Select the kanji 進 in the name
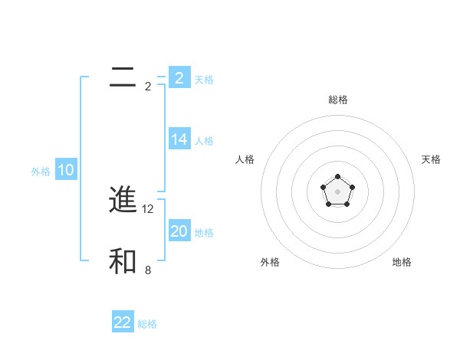tap(123, 200)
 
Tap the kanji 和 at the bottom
tap(123, 261)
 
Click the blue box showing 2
tap(179, 77)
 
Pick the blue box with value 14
tap(179, 139)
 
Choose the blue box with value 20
tap(179, 231)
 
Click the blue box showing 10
tap(66, 170)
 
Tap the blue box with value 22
tap(123, 322)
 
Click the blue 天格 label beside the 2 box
tap(204, 79)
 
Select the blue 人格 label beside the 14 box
tap(204, 141)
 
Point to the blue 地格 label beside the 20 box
tap(204, 233)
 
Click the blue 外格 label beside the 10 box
tap(41, 172)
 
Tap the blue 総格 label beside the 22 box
tap(147, 324)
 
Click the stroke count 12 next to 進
tap(149, 208)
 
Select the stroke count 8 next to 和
tap(148, 270)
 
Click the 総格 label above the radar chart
tap(337, 100)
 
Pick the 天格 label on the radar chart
tap(431, 159)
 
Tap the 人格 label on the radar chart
tap(245, 159)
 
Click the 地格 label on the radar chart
tap(402, 263)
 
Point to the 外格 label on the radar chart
tap(270, 263)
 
